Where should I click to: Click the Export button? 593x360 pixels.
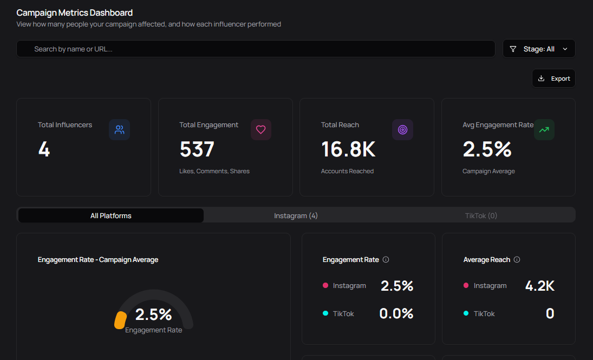(553, 78)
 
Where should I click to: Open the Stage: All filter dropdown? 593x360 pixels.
(539, 49)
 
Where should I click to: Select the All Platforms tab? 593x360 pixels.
(111, 215)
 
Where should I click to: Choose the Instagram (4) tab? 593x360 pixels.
(296, 215)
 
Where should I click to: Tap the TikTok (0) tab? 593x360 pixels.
(481, 215)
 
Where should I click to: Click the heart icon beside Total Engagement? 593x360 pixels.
(260, 130)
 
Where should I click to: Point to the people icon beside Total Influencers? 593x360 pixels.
(119, 130)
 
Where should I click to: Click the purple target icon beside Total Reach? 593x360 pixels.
(402, 130)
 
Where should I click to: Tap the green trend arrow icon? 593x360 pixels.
(544, 130)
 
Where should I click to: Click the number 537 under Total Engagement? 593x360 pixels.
(197, 149)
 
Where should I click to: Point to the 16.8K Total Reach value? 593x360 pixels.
(348, 149)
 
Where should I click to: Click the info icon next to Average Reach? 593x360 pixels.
(517, 260)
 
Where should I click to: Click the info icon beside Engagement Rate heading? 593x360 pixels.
(386, 260)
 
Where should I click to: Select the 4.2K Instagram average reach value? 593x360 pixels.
(539, 286)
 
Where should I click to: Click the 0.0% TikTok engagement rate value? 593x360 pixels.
(396, 313)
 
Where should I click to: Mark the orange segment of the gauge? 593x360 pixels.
(120, 320)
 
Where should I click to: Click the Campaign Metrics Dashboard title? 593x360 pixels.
(74, 12)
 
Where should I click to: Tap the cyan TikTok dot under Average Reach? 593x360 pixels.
(466, 313)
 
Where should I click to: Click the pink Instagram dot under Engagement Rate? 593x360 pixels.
(325, 286)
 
